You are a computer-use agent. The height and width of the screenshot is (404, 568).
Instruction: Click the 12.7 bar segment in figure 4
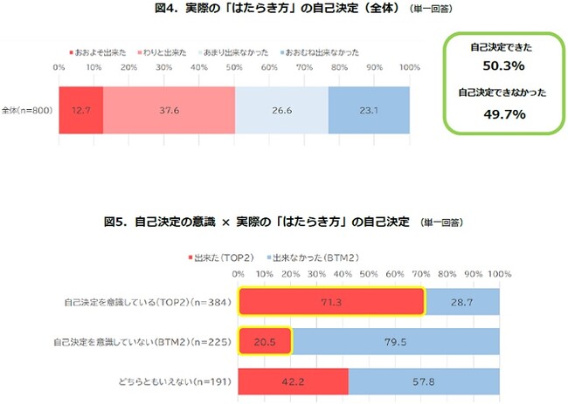[81, 110]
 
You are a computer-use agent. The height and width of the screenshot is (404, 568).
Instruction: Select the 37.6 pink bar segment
[169, 110]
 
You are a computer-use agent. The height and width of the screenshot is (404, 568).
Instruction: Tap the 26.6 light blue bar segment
[281, 110]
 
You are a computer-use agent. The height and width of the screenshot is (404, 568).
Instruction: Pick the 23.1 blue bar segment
[369, 110]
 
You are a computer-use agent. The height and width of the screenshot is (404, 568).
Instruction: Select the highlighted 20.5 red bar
[265, 341]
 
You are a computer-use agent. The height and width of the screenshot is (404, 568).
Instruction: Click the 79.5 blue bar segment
[395, 341]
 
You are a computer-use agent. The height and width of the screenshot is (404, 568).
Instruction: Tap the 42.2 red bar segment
[293, 381]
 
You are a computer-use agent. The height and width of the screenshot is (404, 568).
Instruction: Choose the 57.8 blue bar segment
[424, 381]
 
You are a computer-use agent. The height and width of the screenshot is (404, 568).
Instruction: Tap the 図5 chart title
[256, 223]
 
